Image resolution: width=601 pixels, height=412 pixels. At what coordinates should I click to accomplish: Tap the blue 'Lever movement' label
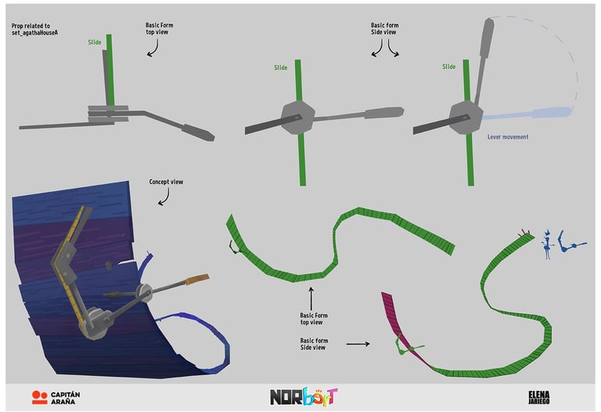(x=507, y=137)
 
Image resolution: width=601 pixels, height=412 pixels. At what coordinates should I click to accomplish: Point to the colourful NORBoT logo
(x=304, y=396)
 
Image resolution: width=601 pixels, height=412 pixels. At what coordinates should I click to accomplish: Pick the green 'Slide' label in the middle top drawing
(x=280, y=68)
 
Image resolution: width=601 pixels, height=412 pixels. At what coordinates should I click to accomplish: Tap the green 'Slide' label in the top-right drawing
(x=448, y=67)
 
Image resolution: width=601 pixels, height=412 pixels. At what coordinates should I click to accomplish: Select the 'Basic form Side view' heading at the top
(x=383, y=29)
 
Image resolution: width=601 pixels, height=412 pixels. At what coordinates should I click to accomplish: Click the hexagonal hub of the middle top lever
(x=297, y=120)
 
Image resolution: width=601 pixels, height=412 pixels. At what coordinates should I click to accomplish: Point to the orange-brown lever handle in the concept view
(x=196, y=280)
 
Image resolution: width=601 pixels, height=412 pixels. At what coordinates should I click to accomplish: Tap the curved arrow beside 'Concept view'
(x=163, y=197)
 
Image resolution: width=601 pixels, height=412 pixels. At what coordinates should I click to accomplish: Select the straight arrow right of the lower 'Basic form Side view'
(x=358, y=343)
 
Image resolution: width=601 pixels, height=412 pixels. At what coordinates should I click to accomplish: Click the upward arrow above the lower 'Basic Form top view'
(x=311, y=298)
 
